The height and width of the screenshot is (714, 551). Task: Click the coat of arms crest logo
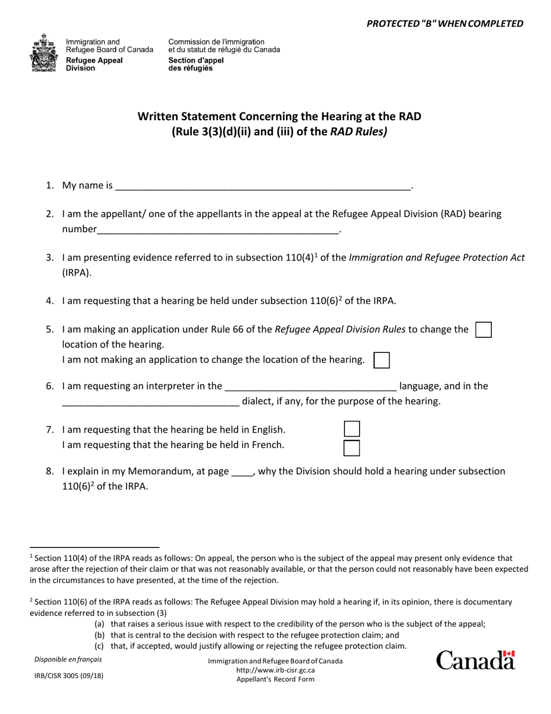(44, 53)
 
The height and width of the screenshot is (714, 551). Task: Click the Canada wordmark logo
(475, 661)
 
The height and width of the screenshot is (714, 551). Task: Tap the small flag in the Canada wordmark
(509, 654)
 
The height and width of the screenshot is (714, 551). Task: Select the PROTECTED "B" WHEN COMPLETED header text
(445, 24)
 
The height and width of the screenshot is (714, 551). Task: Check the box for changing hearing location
(483, 330)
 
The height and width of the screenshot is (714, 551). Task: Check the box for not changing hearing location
(381, 360)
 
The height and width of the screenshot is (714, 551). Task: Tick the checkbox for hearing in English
(351, 430)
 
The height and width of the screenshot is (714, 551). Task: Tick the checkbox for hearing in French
(351, 448)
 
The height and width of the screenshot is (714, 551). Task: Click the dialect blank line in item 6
(150, 402)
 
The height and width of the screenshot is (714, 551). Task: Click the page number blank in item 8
(242, 472)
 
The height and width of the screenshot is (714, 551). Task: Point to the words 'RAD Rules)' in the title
(358, 131)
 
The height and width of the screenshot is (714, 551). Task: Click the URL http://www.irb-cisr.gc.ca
(275, 670)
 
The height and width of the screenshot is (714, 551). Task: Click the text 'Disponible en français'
(67, 659)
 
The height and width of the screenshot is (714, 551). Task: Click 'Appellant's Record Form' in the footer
(275, 679)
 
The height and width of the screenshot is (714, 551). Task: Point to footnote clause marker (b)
(99, 635)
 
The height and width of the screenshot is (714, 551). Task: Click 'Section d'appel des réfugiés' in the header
(195, 64)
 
